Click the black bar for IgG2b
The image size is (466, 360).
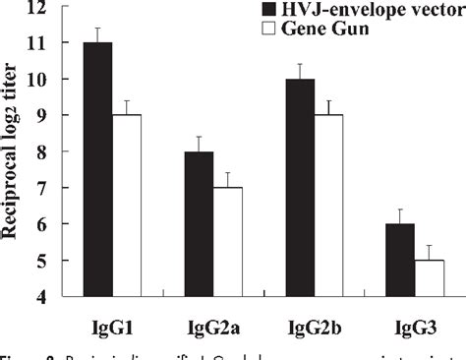[299, 188]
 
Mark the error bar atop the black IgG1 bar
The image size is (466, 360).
[97, 34]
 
